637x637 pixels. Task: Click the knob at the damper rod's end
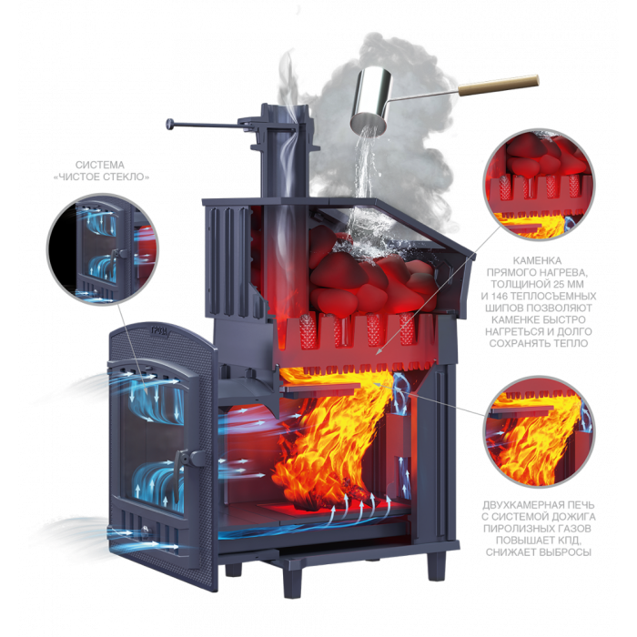click(170, 124)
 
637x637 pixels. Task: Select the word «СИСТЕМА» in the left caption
click(100, 165)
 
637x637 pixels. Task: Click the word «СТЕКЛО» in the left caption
click(125, 177)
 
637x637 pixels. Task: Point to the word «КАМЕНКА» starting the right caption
click(537, 260)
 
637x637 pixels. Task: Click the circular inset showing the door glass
click(102, 249)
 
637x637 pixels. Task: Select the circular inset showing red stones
click(539, 185)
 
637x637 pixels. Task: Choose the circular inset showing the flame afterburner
click(539, 431)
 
